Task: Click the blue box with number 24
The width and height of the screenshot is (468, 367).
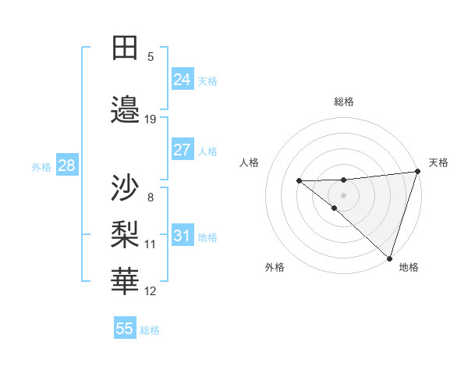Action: click(x=183, y=80)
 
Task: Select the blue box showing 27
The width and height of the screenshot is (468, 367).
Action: click(x=183, y=150)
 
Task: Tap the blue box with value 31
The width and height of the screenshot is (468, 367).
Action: click(x=183, y=236)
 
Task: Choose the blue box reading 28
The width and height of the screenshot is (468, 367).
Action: click(x=66, y=166)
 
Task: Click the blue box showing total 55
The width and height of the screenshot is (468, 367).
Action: click(x=125, y=329)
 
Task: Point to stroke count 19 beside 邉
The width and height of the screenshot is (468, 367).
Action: click(x=151, y=119)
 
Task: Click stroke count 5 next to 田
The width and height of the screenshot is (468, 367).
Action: click(x=151, y=57)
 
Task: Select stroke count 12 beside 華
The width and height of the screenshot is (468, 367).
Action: click(x=151, y=291)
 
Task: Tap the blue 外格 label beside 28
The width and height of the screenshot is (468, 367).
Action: click(x=41, y=166)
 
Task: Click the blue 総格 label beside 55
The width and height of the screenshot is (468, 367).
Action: click(x=150, y=330)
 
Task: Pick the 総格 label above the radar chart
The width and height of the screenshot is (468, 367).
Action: click(x=343, y=102)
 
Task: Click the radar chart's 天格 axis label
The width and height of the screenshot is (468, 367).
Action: click(x=438, y=162)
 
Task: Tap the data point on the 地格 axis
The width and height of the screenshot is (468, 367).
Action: click(x=388, y=258)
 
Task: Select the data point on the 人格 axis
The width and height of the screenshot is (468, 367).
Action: click(x=299, y=181)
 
